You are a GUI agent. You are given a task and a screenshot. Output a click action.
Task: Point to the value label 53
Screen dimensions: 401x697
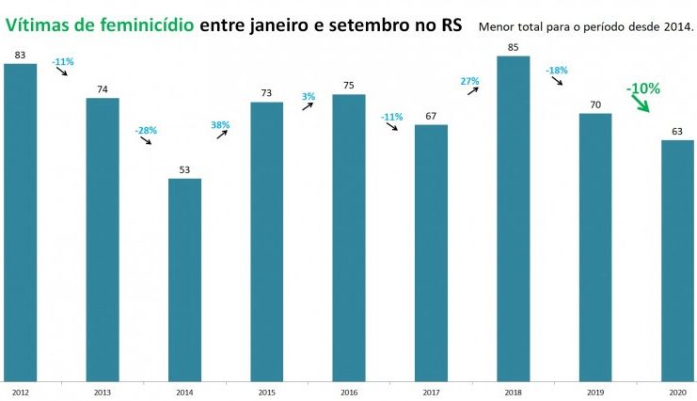[184, 170]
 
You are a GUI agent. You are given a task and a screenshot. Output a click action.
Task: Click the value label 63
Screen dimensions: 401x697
[677, 133]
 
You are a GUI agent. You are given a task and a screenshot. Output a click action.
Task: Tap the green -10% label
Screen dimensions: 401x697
[643, 88]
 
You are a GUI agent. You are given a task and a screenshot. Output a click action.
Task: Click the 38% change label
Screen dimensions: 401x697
[220, 124]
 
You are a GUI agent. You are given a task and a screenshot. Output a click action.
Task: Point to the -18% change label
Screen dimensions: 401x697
[556, 70]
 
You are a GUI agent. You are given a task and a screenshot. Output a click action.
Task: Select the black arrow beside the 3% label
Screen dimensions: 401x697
[309, 107]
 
